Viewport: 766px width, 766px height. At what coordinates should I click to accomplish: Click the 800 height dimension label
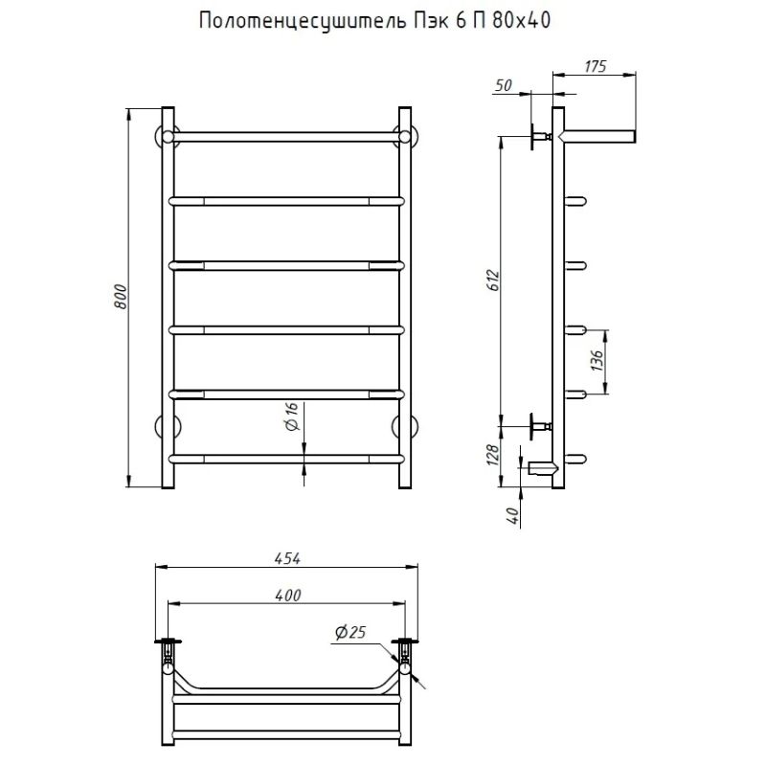pyautogui.click(x=121, y=299)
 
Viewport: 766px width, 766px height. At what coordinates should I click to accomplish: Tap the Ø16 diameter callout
pyautogui.click(x=293, y=416)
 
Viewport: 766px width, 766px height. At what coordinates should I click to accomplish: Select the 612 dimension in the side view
pyautogui.click(x=491, y=280)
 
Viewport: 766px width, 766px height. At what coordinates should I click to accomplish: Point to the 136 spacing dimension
pyautogui.click(x=595, y=360)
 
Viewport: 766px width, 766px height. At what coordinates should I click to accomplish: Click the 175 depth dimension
pyautogui.click(x=595, y=66)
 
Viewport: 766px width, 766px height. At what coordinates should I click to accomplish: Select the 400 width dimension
pyautogui.click(x=287, y=596)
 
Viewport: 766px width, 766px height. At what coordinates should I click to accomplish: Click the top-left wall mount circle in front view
pyautogui.click(x=164, y=135)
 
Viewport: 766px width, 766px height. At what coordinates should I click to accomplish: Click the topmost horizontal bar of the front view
pyautogui.click(x=285, y=137)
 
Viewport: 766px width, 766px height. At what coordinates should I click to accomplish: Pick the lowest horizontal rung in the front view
pyautogui.click(x=285, y=458)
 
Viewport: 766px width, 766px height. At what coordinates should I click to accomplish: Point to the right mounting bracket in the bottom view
pyautogui.click(x=407, y=650)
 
